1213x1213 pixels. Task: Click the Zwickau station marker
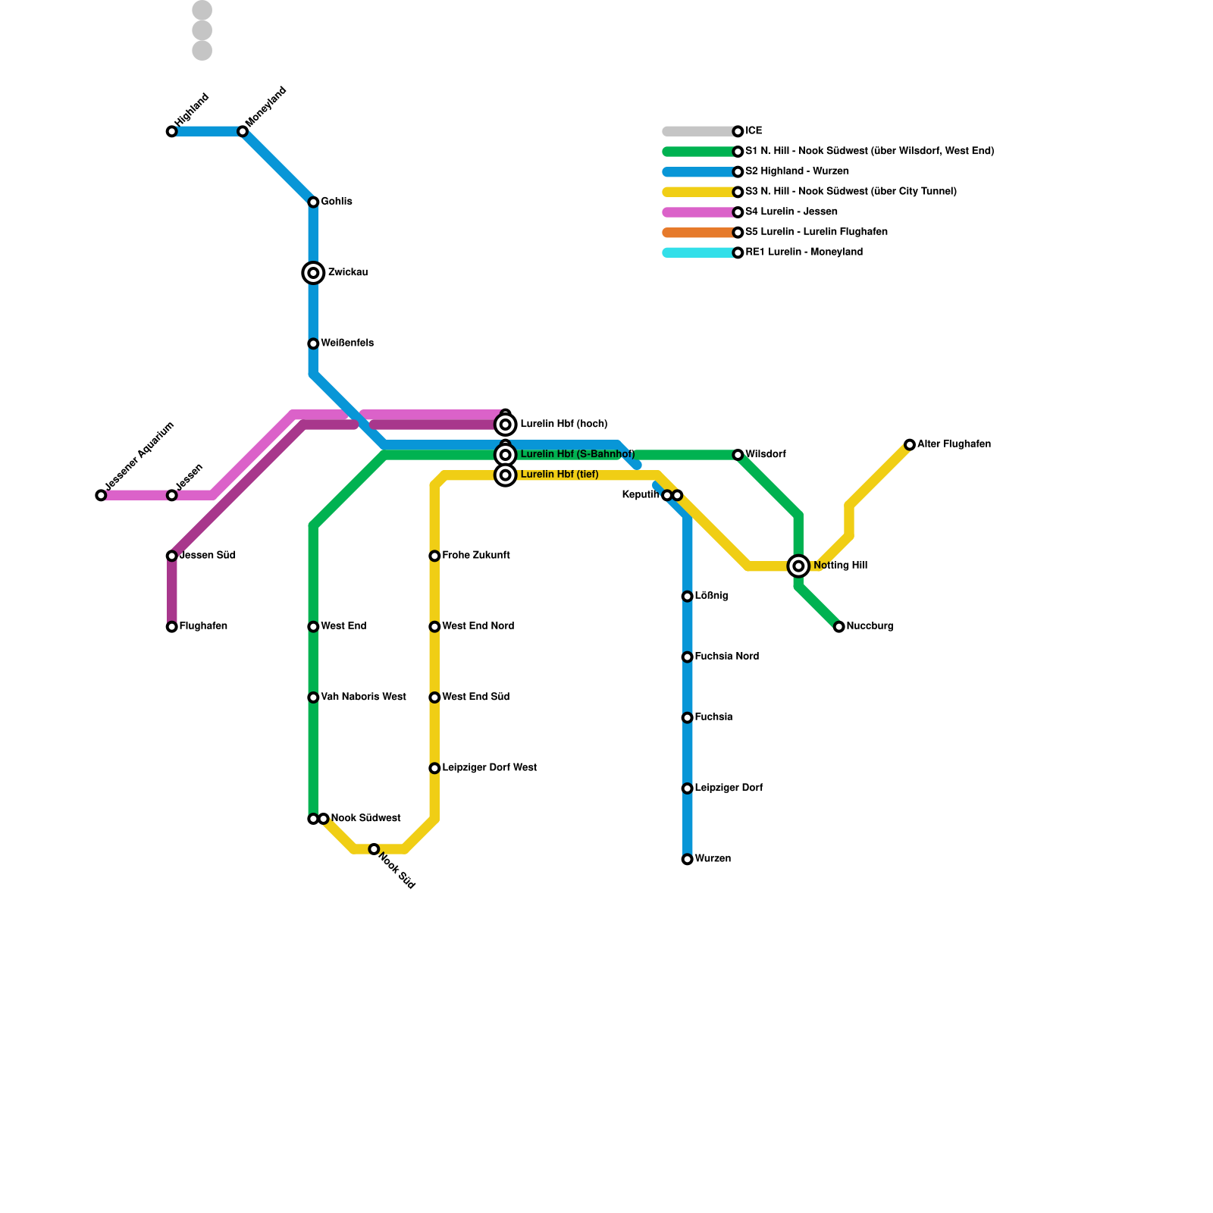tap(313, 273)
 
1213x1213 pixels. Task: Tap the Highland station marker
tap(172, 132)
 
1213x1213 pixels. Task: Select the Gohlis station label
tap(336, 202)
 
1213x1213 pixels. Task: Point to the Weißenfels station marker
tap(313, 344)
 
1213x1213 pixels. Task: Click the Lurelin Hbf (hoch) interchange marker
tap(506, 425)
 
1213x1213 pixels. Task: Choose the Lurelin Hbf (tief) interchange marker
tap(506, 475)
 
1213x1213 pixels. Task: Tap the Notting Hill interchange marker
tap(798, 566)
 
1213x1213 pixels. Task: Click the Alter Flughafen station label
tap(954, 444)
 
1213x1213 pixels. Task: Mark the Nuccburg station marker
tap(838, 627)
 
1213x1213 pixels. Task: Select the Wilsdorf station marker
tap(738, 455)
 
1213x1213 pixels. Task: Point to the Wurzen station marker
tap(687, 859)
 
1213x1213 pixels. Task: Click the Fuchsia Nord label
tap(726, 657)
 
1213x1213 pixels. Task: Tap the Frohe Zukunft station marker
tap(434, 556)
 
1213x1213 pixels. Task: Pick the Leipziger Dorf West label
tap(489, 768)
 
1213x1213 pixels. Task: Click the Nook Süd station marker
tap(374, 849)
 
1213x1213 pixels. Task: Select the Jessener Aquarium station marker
tap(102, 496)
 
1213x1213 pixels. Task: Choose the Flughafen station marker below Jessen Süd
tap(172, 627)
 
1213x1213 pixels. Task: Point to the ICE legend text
tap(754, 131)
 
